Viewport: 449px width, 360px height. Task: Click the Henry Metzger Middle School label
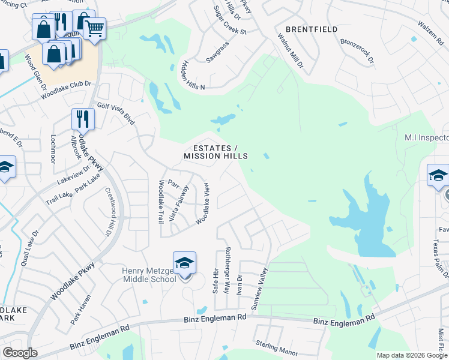point(149,274)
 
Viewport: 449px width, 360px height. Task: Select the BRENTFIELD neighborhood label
point(320,29)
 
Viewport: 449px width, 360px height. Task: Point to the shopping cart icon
point(95,28)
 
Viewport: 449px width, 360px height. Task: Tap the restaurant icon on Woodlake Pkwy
point(83,119)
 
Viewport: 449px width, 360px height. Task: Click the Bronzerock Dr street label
point(357,52)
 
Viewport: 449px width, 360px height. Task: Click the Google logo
point(20,353)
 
